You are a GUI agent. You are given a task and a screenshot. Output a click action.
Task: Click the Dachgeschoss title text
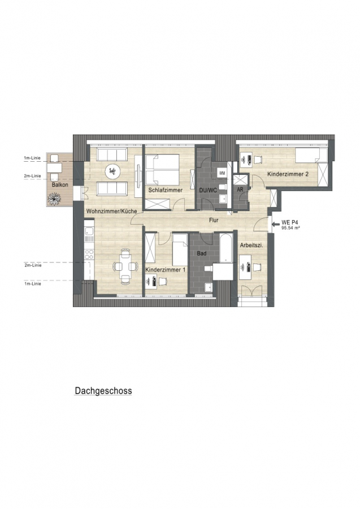coord(103,390)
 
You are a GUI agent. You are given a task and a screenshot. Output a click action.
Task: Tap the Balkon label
coord(60,185)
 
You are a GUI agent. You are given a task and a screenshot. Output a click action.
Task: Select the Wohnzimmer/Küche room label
coord(111,211)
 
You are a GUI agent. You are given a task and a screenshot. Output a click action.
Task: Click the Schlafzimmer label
coord(166,190)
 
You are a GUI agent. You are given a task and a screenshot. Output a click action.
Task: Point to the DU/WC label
coord(208,190)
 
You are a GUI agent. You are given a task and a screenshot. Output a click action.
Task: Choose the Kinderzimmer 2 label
coord(288,174)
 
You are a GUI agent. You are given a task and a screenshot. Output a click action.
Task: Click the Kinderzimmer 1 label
coord(166,270)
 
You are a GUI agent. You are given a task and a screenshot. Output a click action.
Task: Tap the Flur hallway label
coord(214,220)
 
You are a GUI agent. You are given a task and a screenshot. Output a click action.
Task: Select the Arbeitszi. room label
coord(251,246)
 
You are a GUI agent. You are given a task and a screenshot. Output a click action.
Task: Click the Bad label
coord(202,253)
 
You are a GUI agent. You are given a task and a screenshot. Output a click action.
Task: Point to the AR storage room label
coord(240,189)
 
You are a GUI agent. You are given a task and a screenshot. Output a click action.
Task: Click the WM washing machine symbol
coord(222,174)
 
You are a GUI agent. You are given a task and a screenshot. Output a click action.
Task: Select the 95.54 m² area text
coord(290,228)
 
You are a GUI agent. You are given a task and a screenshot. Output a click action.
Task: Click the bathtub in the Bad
coord(226,248)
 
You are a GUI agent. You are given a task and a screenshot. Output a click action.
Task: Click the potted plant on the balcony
coord(54,198)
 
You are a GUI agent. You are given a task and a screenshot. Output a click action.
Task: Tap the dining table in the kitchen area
coord(125,266)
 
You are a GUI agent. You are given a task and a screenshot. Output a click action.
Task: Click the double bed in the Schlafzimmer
coord(162,169)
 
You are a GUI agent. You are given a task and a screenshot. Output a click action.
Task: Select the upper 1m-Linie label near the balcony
coord(32,158)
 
